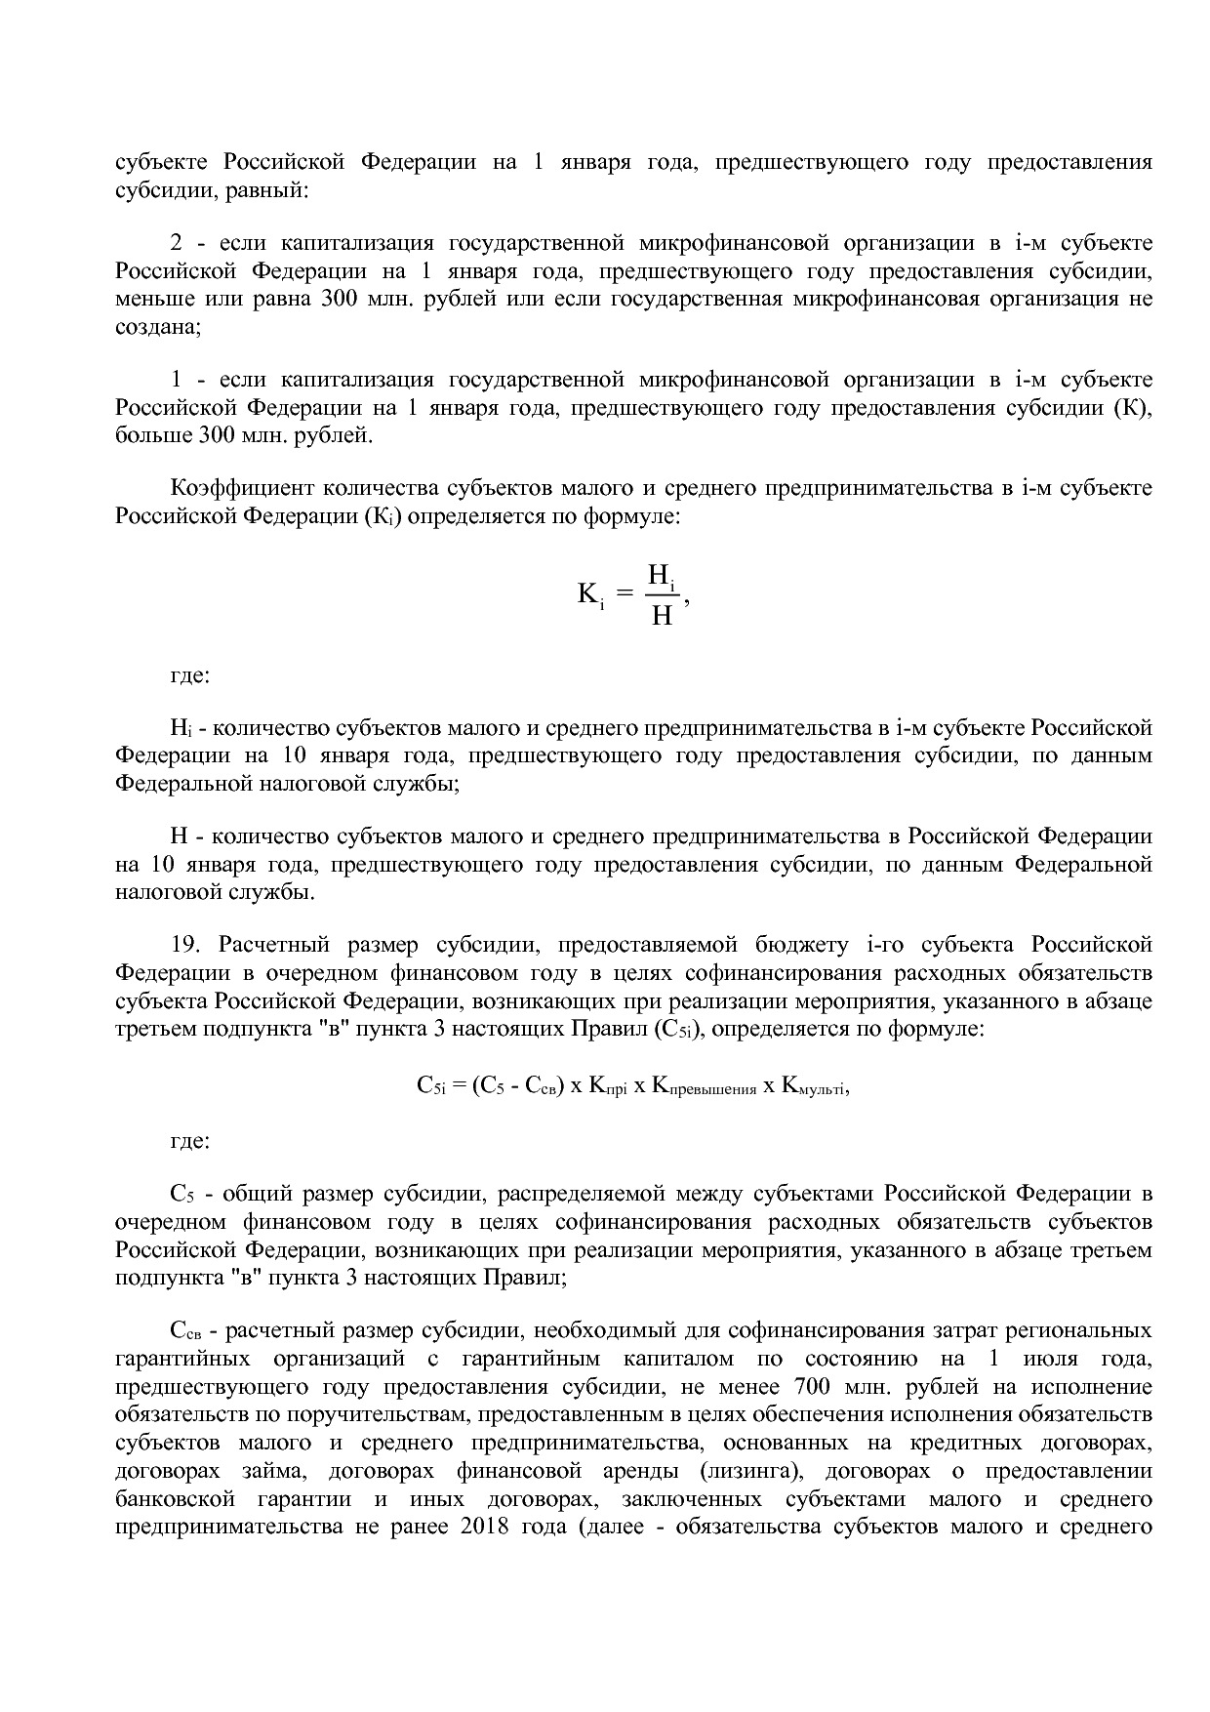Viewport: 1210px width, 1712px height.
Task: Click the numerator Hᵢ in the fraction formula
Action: [662, 577]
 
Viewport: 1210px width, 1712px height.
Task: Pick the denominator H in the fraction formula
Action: [662, 616]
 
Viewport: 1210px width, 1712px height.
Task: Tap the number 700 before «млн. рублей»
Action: [813, 1388]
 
